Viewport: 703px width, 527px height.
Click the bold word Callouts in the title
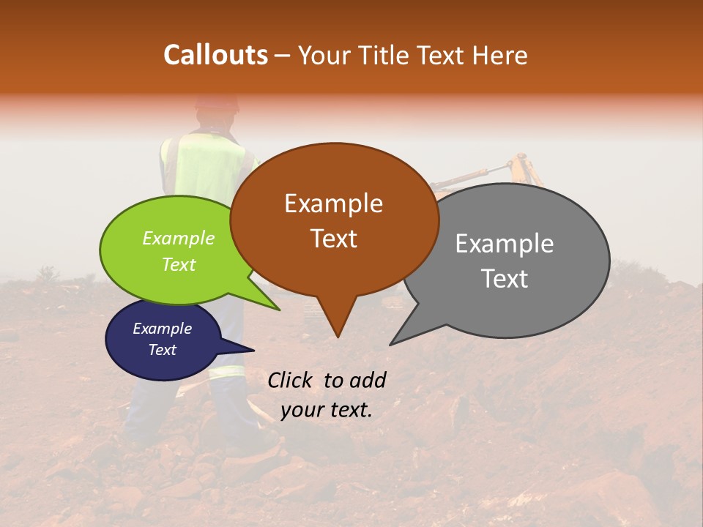(215, 55)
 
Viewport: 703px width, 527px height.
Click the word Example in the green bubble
(179, 238)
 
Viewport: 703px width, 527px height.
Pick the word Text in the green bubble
(179, 264)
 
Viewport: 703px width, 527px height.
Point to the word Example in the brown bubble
(333, 203)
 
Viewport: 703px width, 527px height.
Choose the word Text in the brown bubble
(333, 239)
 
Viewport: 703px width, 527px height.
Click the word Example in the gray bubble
(505, 243)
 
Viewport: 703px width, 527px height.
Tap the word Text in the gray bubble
(505, 279)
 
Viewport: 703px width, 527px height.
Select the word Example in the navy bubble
(162, 329)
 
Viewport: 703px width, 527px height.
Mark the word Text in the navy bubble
(162, 350)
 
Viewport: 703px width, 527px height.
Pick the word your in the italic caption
(299, 411)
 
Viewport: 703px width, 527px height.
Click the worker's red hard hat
(217, 104)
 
